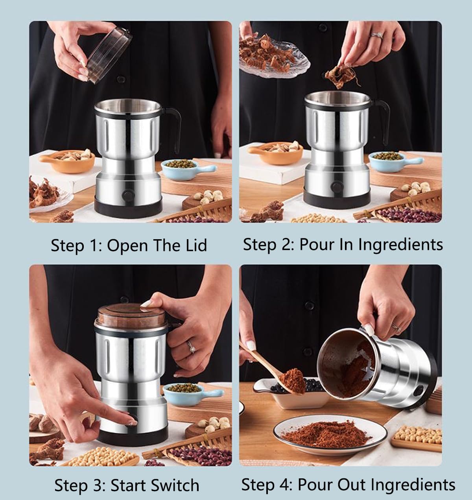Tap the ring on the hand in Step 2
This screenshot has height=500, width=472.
tap(376, 35)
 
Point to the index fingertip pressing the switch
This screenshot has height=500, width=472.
tap(132, 423)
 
